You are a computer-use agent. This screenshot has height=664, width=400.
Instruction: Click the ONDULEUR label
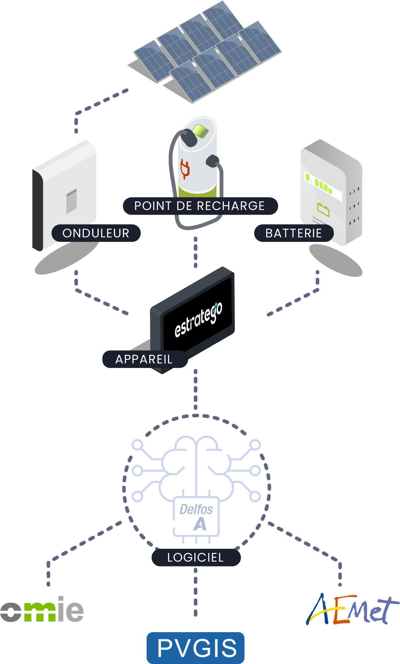coord(96,233)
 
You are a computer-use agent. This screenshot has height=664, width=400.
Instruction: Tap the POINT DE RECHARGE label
coord(200,206)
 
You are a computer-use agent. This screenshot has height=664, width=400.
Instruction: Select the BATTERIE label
coord(294,233)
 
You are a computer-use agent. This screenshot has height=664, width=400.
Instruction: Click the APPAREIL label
coord(144,359)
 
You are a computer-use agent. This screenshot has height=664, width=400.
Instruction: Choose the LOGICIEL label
coord(196,557)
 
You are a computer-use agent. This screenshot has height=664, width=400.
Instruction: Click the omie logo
coord(42,610)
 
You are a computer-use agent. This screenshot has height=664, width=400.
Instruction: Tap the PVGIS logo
coord(196,648)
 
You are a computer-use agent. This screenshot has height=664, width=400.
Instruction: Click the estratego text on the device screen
coord(198,319)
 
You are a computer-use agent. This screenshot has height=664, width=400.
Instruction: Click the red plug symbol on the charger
coord(185,169)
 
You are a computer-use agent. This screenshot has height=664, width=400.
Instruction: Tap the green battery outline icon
coord(323,209)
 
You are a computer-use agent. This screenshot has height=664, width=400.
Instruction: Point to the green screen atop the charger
coord(200,131)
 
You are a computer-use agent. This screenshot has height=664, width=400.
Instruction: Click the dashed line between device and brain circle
coord(196,388)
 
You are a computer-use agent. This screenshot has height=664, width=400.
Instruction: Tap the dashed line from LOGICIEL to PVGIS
coord(196,593)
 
